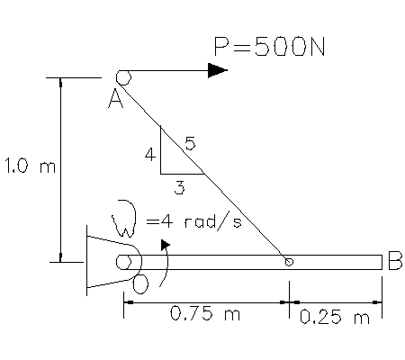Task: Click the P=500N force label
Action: (269, 47)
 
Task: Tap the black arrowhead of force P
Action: (218, 70)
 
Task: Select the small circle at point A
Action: (123, 77)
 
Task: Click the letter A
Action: (115, 99)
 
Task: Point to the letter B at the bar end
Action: (395, 261)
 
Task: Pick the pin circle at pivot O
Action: (123, 262)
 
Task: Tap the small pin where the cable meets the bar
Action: (289, 262)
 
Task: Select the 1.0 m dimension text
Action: (30, 166)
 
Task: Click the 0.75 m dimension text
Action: (205, 313)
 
